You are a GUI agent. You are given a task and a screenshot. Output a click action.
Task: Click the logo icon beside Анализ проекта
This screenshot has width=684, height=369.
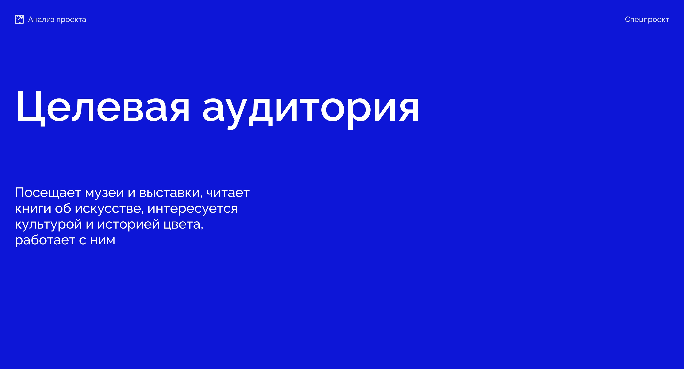coord(19,19)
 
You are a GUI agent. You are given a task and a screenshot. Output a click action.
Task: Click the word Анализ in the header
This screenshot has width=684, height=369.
coord(41,19)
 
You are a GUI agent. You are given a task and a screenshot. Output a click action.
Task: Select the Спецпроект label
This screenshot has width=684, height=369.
coord(647,20)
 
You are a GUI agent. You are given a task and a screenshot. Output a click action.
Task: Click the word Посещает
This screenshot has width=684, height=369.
coord(48,193)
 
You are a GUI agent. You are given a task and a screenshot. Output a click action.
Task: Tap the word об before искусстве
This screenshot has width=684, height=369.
coord(63,208)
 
